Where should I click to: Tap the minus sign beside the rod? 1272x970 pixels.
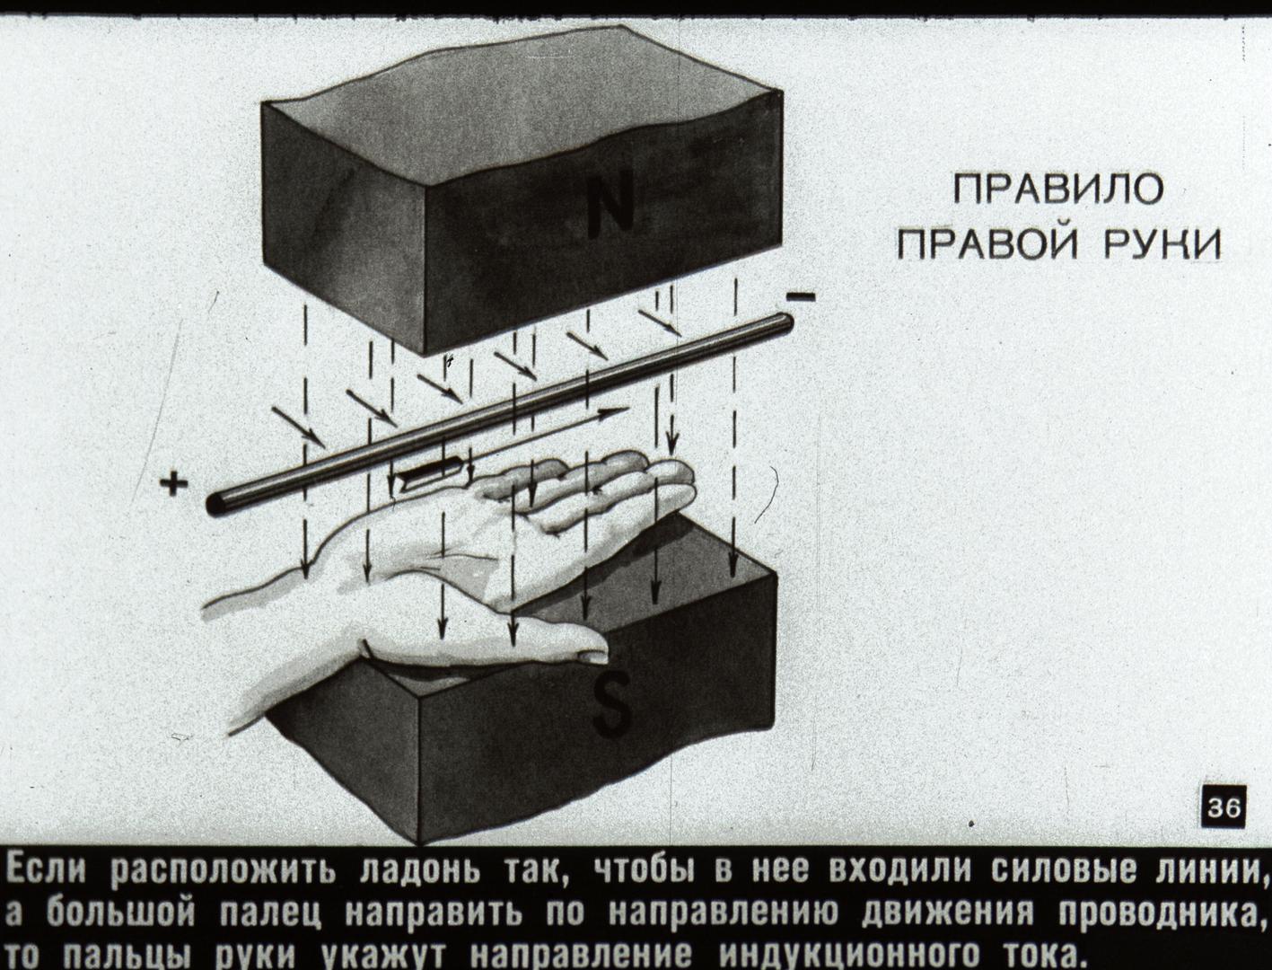801,298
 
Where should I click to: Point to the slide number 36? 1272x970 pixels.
1224,807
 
